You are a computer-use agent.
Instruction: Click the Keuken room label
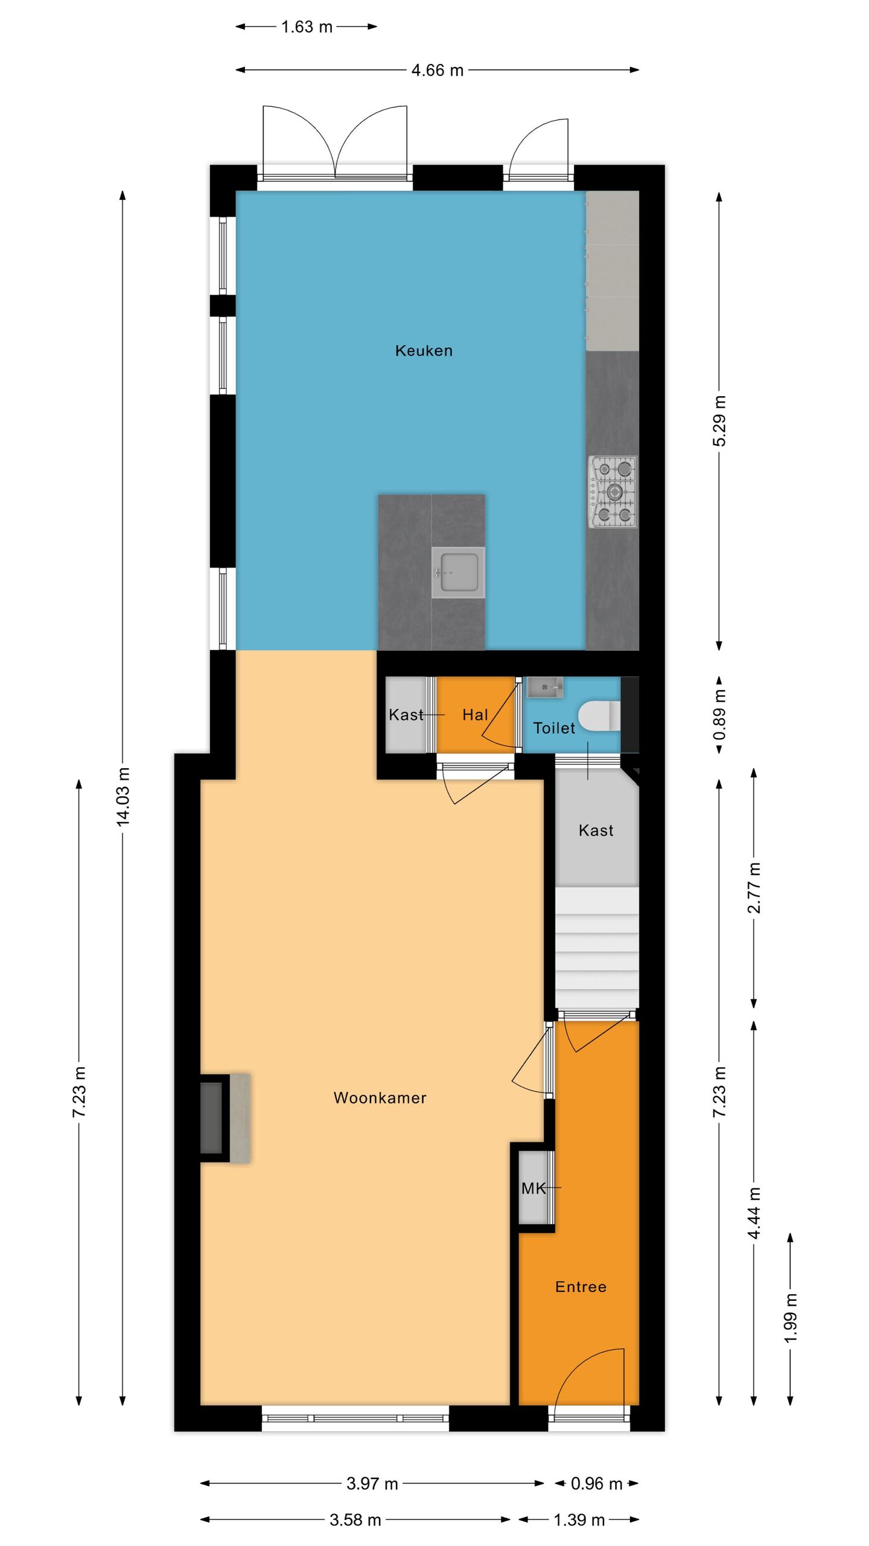424,350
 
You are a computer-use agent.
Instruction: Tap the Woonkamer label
380,1098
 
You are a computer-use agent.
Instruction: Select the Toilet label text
554,728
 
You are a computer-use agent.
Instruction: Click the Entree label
581,1286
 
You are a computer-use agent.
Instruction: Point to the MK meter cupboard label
533,1188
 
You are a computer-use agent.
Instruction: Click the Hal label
475,715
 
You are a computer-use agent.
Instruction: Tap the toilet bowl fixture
599,716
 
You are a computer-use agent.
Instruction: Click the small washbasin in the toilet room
545,687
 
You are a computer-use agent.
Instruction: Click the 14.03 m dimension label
123,796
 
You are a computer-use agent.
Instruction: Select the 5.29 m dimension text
719,421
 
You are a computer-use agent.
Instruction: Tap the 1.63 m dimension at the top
307,27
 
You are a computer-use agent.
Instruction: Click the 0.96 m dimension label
596,1483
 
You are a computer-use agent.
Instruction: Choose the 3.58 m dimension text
355,1519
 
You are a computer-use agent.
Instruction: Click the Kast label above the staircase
596,830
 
